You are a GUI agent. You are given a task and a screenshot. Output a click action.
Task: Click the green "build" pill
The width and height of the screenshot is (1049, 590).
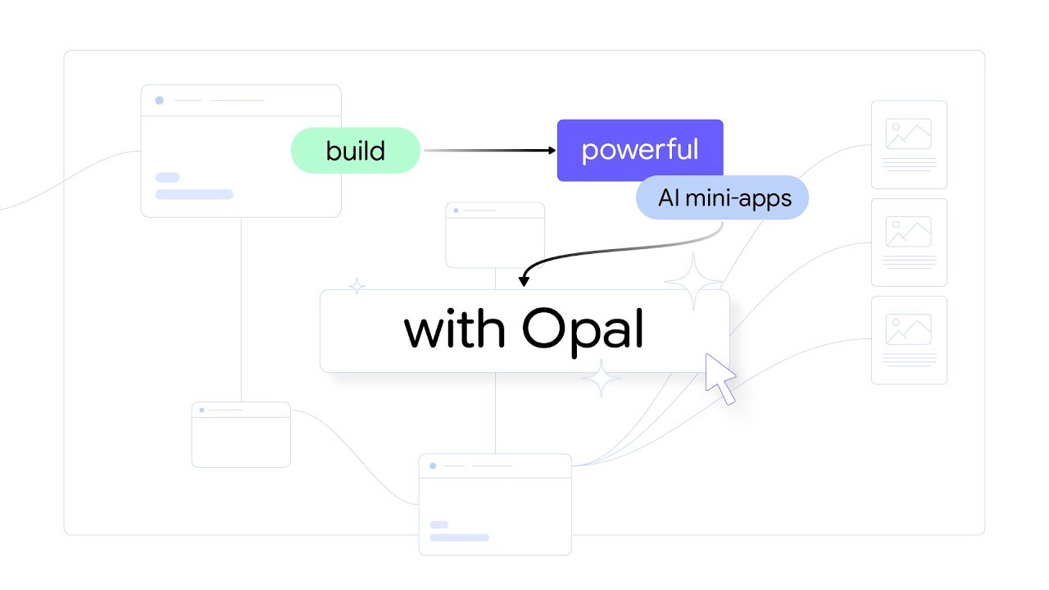click(x=355, y=151)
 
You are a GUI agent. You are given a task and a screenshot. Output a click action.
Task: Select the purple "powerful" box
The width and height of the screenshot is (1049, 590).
click(x=640, y=150)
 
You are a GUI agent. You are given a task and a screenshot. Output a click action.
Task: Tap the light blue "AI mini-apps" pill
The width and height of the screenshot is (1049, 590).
click(x=723, y=197)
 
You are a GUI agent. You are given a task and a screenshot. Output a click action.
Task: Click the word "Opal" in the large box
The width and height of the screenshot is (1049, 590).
click(x=583, y=330)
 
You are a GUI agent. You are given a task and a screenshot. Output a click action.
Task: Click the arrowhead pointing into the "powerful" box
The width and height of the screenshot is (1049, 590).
click(x=552, y=150)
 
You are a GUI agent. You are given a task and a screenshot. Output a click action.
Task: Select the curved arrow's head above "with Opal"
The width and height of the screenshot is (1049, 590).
click(x=524, y=282)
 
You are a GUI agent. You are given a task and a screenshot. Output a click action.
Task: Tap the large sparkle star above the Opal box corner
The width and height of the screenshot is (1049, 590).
click(x=694, y=282)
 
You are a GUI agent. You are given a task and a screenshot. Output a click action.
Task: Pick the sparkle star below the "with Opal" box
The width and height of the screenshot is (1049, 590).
click(x=601, y=379)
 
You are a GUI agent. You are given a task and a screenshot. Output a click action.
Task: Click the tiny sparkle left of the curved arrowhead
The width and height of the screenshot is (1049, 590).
click(x=356, y=287)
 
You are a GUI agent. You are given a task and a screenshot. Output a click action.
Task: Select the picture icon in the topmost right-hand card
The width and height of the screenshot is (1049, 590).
click(x=908, y=134)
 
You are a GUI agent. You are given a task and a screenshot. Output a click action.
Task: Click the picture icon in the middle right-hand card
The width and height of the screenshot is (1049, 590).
click(x=908, y=231)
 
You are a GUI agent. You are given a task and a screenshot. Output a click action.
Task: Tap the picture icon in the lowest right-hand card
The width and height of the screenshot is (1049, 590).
click(x=908, y=329)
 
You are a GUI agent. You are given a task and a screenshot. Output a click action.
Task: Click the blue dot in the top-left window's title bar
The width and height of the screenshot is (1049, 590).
click(x=159, y=101)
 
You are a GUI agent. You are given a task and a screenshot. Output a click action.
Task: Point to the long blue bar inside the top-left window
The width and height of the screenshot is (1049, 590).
click(x=194, y=194)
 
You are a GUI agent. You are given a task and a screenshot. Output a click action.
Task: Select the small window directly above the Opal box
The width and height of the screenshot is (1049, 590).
click(x=495, y=234)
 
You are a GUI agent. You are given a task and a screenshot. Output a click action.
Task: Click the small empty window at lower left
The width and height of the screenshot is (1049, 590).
click(x=241, y=434)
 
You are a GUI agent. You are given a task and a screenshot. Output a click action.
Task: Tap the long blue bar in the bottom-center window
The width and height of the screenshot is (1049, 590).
click(x=459, y=538)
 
